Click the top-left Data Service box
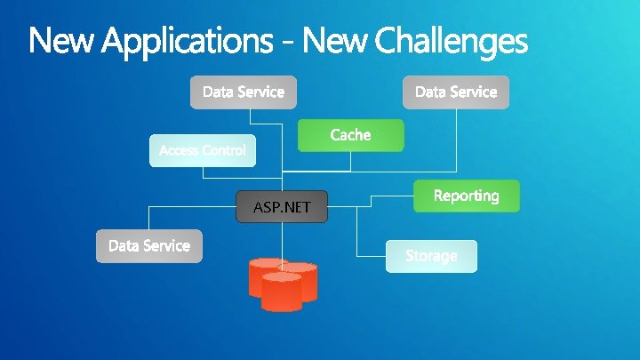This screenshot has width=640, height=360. point(244,92)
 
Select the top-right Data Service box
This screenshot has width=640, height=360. point(456,92)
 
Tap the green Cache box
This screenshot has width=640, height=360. point(350,135)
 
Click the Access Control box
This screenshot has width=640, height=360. point(202,150)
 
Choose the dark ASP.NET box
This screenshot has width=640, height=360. point(282,207)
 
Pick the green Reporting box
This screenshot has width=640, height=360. point(466,196)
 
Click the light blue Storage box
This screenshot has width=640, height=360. point(431,256)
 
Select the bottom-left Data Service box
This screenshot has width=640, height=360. point(149,246)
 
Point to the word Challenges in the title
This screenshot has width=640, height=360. point(451,41)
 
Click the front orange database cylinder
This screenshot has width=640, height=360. point(281,292)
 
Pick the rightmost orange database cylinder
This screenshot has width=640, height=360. point(300,279)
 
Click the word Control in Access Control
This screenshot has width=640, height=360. point(223,150)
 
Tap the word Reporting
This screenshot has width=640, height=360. point(466,196)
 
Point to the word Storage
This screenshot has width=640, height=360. point(431,256)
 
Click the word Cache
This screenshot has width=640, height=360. point(350,135)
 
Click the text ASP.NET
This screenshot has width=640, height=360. point(282,208)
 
